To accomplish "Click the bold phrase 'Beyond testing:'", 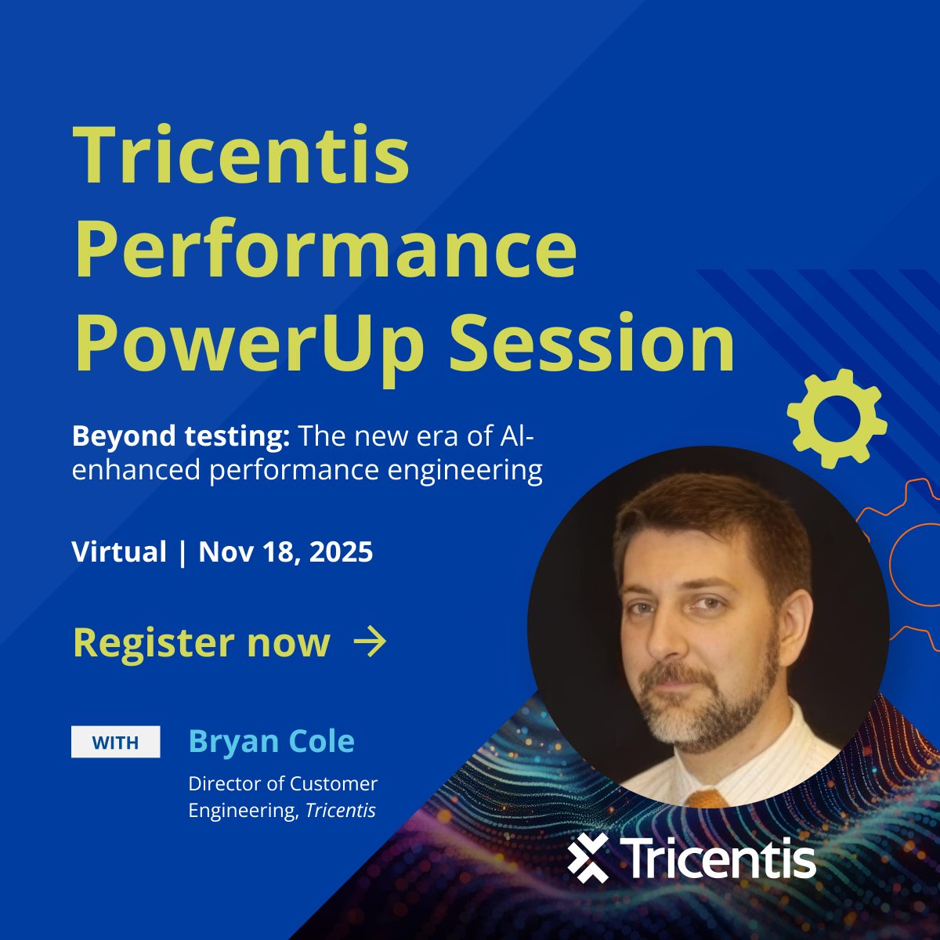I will coord(181,436).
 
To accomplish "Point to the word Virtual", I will coord(119,552).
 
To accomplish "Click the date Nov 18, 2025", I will coord(286,552).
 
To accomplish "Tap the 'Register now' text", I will coord(201,642).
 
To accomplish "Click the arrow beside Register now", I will coord(370,642).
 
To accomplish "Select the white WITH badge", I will coord(116,742).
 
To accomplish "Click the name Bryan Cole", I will coord(271,741).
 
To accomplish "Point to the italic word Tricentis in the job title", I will coord(340,810).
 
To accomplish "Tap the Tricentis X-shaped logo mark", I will coord(588,858).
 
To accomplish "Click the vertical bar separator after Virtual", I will coord(183,552).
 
